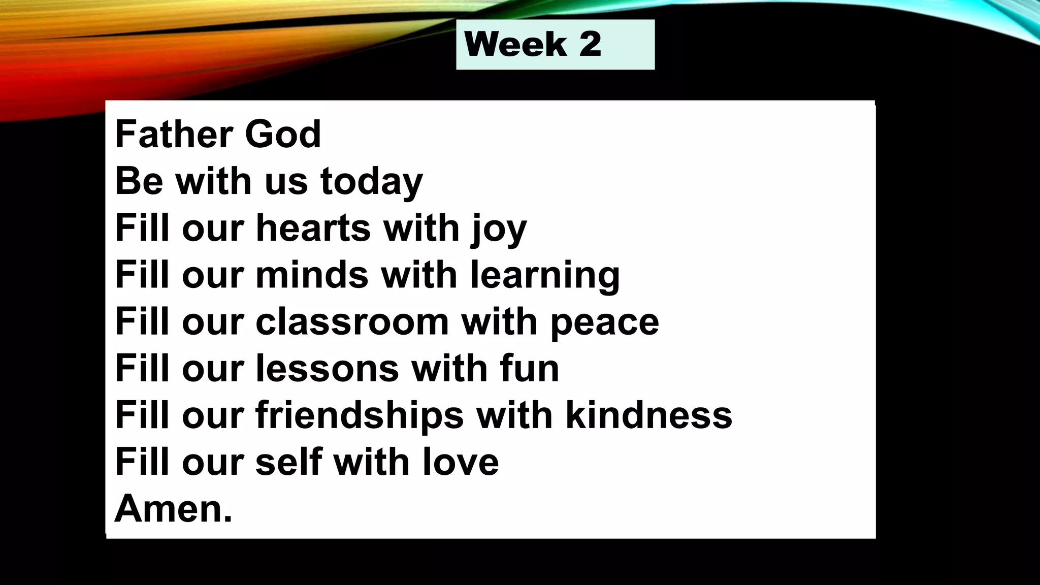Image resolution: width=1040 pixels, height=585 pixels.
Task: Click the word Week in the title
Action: [x=515, y=44]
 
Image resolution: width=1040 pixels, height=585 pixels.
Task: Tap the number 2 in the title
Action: [x=590, y=44]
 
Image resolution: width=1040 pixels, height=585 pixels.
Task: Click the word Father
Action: [x=174, y=134]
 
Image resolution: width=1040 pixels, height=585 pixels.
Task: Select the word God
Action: [x=283, y=134]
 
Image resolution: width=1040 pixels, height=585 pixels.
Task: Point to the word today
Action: [x=371, y=181]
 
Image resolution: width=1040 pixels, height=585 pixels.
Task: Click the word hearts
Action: [x=313, y=227]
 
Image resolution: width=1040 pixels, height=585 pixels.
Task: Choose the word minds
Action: [x=312, y=275]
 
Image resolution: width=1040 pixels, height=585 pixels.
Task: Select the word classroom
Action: [x=352, y=321]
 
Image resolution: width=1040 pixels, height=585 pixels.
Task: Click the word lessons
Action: [x=327, y=368]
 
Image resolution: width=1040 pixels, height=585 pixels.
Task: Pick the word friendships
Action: [x=360, y=415]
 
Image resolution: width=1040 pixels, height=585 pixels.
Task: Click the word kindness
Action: [x=648, y=415]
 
